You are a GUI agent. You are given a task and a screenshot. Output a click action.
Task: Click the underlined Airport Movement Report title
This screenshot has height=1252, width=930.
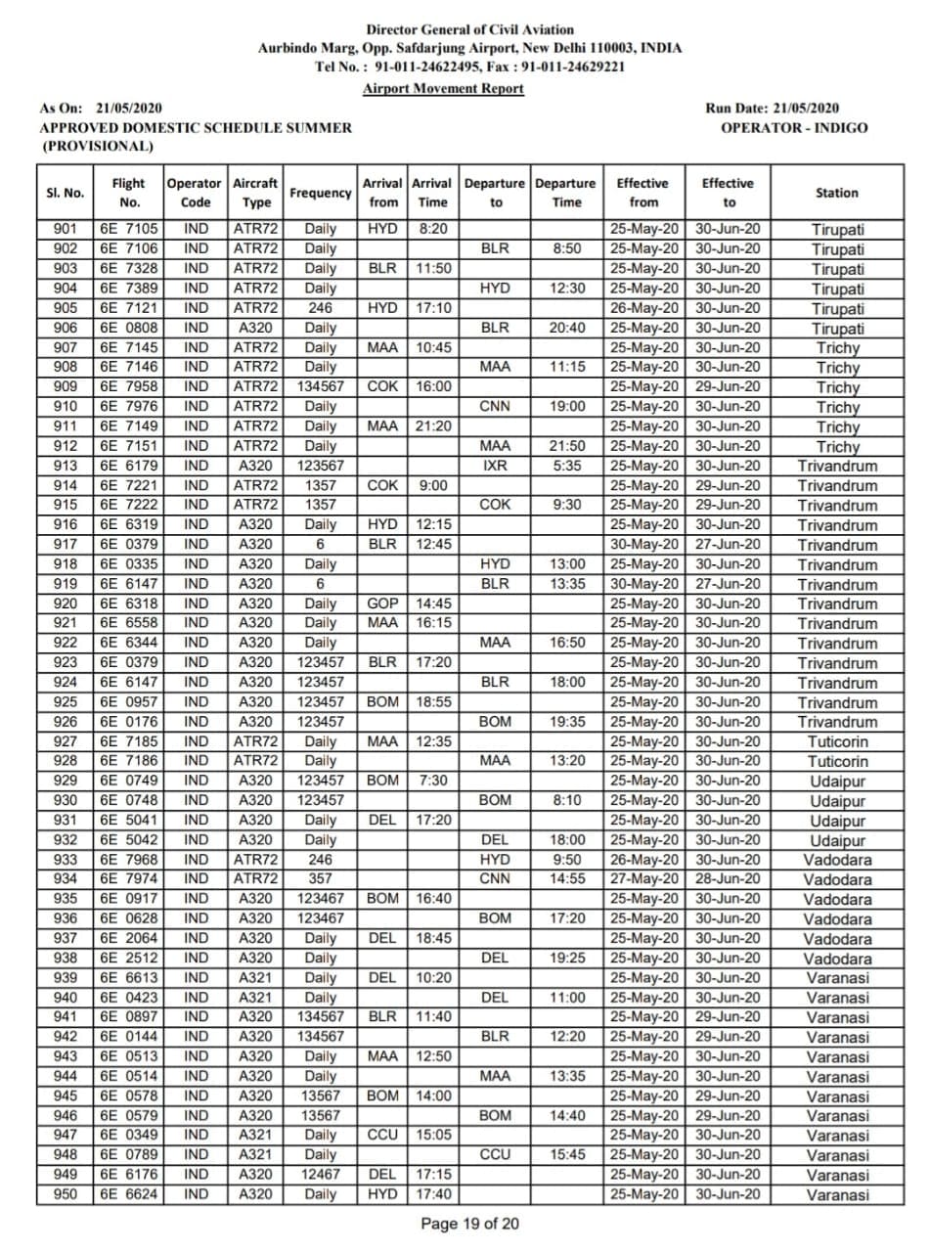pyautogui.click(x=443, y=88)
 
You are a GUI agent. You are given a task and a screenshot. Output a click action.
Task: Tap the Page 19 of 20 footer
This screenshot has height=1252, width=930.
pyautogui.click(x=470, y=1224)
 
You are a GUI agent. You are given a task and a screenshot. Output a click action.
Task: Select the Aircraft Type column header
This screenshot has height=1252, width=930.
pyautogui.click(x=256, y=193)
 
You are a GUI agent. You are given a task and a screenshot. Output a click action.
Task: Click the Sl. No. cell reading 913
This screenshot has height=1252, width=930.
pyautogui.click(x=65, y=466)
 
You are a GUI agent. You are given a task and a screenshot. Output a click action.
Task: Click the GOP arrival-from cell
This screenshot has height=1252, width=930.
pyautogui.click(x=382, y=604)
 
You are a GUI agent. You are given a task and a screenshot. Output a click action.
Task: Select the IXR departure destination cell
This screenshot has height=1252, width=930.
pyautogui.click(x=495, y=466)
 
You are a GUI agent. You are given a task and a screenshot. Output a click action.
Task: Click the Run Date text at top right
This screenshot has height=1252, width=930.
pyautogui.click(x=772, y=108)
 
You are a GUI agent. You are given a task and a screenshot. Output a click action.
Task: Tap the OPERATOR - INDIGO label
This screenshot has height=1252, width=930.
pyautogui.click(x=793, y=127)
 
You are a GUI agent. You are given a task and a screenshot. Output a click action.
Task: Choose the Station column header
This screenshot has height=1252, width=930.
pyautogui.click(x=837, y=193)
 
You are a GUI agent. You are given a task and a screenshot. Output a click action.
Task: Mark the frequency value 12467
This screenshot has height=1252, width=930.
pyautogui.click(x=321, y=1175)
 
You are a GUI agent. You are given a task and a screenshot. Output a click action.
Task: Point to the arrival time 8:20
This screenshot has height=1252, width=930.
pyautogui.click(x=432, y=230)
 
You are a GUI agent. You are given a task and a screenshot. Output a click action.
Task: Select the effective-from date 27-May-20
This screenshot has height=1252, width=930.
pyautogui.click(x=643, y=879)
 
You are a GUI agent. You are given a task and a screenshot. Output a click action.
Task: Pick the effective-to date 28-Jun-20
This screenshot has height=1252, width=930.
pyautogui.click(x=728, y=879)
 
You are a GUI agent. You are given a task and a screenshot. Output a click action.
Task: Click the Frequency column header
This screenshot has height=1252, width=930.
pyautogui.click(x=321, y=193)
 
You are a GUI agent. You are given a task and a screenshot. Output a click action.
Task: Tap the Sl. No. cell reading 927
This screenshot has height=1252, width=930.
pyautogui.click(x=65, y=741)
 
